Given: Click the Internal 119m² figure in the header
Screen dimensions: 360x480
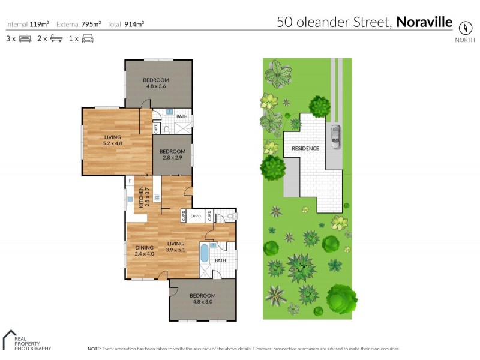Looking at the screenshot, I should point(27,25).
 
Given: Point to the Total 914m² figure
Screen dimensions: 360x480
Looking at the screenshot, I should point(126,25).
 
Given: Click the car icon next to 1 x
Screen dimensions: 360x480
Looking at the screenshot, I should point(88,38).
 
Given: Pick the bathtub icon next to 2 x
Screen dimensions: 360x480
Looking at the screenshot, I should point(56,38).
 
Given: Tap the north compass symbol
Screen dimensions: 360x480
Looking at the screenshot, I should point(464,28).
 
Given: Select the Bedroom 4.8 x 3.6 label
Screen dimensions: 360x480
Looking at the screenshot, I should point(155,83).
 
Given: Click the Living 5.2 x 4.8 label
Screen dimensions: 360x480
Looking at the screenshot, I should point(112,140).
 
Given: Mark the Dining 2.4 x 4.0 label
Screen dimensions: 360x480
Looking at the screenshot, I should point(145,250).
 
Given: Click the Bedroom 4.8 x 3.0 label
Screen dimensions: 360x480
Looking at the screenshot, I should point(202,298).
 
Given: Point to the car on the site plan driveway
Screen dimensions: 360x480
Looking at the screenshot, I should point(334,136).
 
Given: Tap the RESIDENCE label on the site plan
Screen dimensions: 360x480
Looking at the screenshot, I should point(305,148).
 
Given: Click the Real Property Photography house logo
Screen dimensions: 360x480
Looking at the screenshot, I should point(10,338).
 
